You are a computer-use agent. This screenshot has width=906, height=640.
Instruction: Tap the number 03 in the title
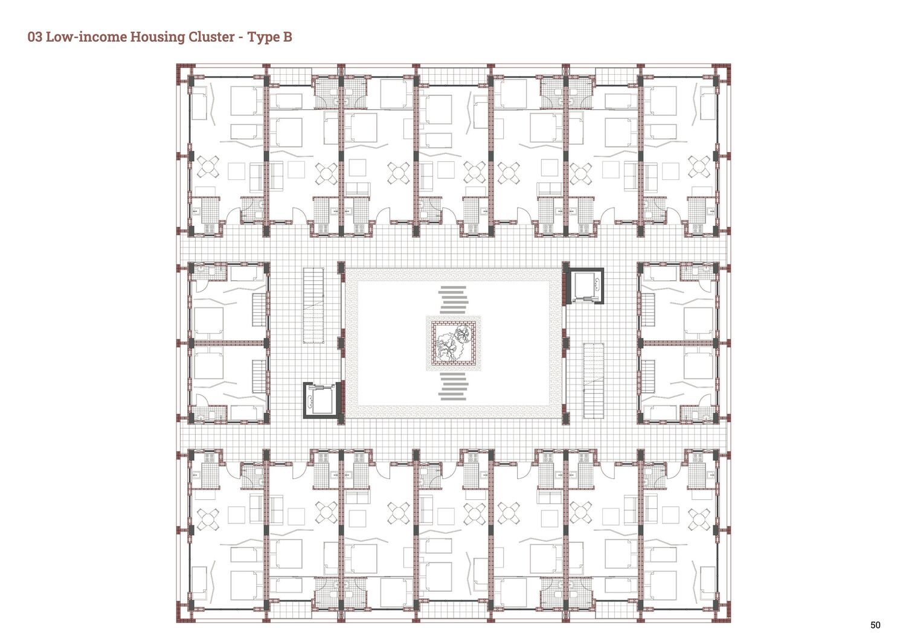35,37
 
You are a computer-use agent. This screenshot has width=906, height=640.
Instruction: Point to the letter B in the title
287,37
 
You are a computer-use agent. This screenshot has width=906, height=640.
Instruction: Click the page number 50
875,625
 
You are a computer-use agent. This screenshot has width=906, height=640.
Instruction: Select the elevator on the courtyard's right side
585,286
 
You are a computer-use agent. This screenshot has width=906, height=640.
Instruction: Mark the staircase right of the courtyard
593,381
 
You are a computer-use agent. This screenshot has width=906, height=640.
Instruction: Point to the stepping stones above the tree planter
453,299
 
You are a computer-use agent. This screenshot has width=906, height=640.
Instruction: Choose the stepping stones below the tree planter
453,386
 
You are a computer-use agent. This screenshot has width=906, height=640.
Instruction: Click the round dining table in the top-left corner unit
208,167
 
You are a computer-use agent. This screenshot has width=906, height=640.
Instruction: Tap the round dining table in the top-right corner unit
699,167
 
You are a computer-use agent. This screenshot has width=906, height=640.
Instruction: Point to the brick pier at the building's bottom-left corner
183,615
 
